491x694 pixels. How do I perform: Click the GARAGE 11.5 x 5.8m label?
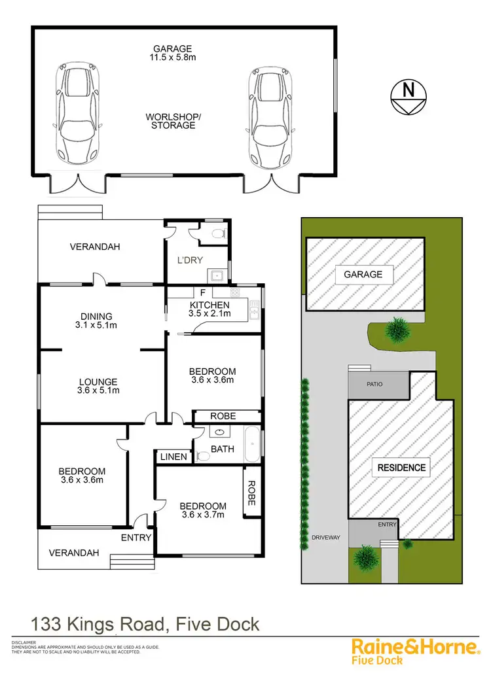[x=173, y=53]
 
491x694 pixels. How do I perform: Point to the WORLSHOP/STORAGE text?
[x=173, y=120]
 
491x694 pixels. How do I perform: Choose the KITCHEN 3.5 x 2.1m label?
[x=209, y=309]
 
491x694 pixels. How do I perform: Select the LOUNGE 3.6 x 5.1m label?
[x=98, y=386]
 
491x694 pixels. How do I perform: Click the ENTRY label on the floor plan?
[x=136, y=537]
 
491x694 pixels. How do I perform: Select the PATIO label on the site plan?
[x=374, y=385]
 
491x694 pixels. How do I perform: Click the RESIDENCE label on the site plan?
[x=401, y=467]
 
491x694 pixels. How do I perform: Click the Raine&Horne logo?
[x=415, y=650]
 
